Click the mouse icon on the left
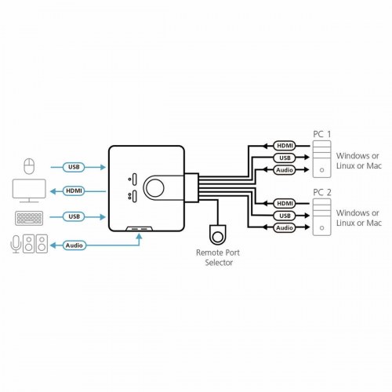tap(29, 166)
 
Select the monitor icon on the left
tap(29, 191)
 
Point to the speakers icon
tap(36, 245)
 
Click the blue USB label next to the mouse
tap(74, 166)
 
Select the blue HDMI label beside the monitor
tap(74, 191)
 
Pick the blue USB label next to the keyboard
tap(74, 216)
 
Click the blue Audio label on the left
tap(74, 245)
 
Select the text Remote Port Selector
tap(214, 258)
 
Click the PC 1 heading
tap(322, 134)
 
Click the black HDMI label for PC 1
tap(283, 145)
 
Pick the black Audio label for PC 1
tap(283, 169)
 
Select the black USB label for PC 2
tap(283, 214)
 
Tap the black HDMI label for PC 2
tap(283, 201)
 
